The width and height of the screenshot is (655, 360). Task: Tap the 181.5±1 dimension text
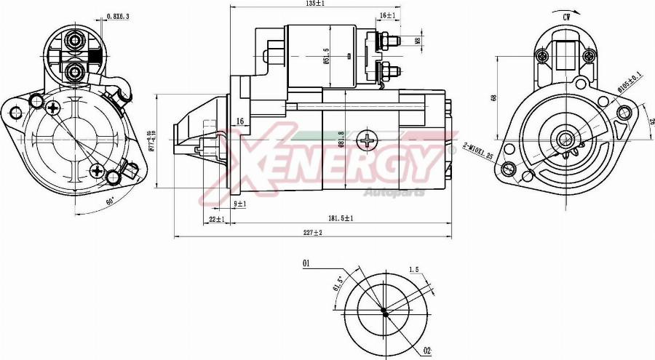pos(339,217)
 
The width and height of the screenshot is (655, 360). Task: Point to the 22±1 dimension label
pos(217,218)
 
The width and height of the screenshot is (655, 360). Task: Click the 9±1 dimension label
pos(240,204)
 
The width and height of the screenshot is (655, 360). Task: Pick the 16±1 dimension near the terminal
pos(387,15)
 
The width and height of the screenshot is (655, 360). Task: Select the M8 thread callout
pos(418,41)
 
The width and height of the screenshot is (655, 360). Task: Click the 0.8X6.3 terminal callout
pos(118,16)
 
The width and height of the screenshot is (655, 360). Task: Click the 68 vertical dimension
pos(493,97)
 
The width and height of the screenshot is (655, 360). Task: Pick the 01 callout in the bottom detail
pos(307,263)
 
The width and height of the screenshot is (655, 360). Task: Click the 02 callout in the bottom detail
pos(427,351)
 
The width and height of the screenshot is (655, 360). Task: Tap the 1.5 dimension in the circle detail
pos(413,270)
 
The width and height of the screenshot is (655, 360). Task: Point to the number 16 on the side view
pos(239,121)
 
